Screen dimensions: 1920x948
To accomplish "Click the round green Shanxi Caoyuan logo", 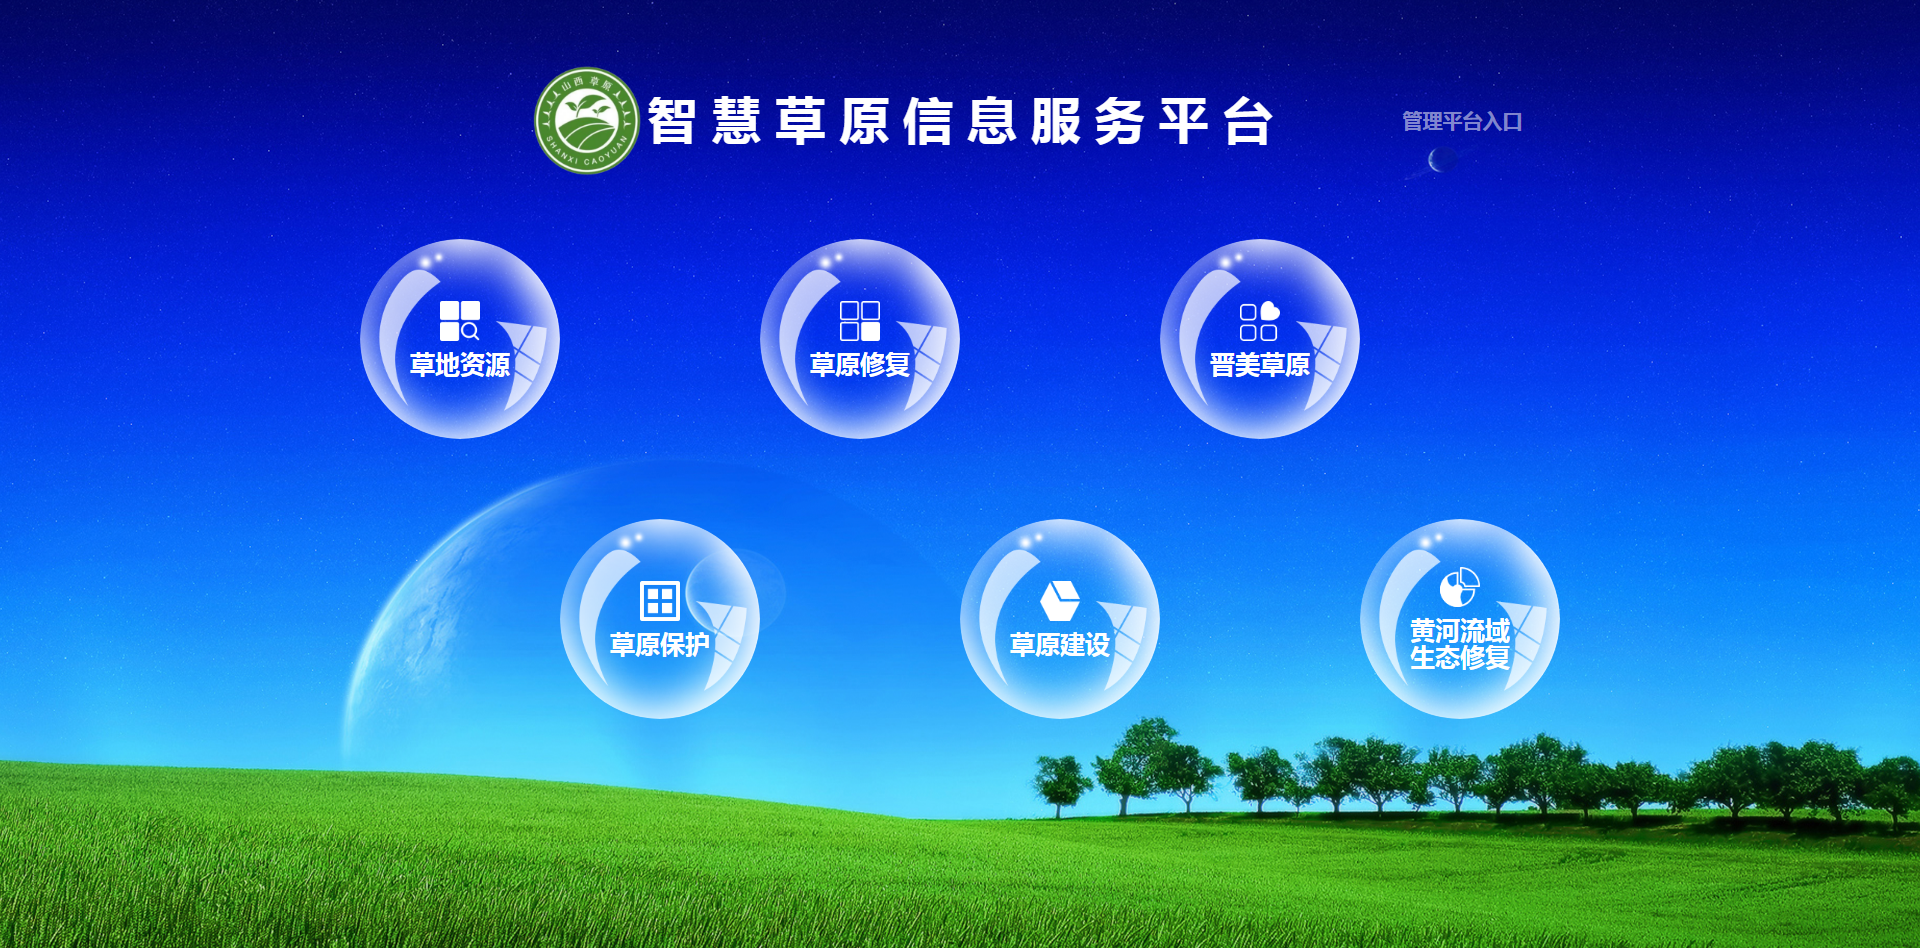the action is (x=587, y=121).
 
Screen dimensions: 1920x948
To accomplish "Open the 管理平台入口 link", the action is (x=1462, y=122).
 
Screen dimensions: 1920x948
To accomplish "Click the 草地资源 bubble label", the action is (x=460, y=365).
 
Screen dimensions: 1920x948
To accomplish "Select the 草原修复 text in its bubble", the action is (x=860, y=365).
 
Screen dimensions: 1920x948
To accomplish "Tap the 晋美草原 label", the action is (x=1260, y=365).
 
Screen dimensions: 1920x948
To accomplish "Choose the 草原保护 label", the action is (x=660, y=645).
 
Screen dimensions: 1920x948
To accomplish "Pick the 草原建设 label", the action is (x=1060, y=645).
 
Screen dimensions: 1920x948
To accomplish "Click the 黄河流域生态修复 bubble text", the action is (x=1460, y=644).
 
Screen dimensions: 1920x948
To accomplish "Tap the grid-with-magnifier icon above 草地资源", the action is (x=460, y=321).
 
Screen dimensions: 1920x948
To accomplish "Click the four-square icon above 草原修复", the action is (x=860, y=321).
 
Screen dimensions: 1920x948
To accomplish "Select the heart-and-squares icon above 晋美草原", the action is (x=1260, y=321).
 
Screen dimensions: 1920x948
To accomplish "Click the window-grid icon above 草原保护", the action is (x=660, y=601).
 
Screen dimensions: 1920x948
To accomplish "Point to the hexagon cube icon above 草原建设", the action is (x=1060, y=601).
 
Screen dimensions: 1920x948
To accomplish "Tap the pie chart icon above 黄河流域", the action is (x=1460, y=587).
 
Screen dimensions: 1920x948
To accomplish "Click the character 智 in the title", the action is (x=672, y=122).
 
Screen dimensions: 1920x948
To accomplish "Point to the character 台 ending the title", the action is (x=1248, y=122).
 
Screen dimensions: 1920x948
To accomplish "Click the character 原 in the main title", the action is (x=864, y=122).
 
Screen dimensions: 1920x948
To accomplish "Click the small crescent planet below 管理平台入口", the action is (x=1441, y=159).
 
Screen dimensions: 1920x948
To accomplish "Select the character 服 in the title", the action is (x=1056, y=122).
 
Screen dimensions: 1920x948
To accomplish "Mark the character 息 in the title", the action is (x=992, y=122).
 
